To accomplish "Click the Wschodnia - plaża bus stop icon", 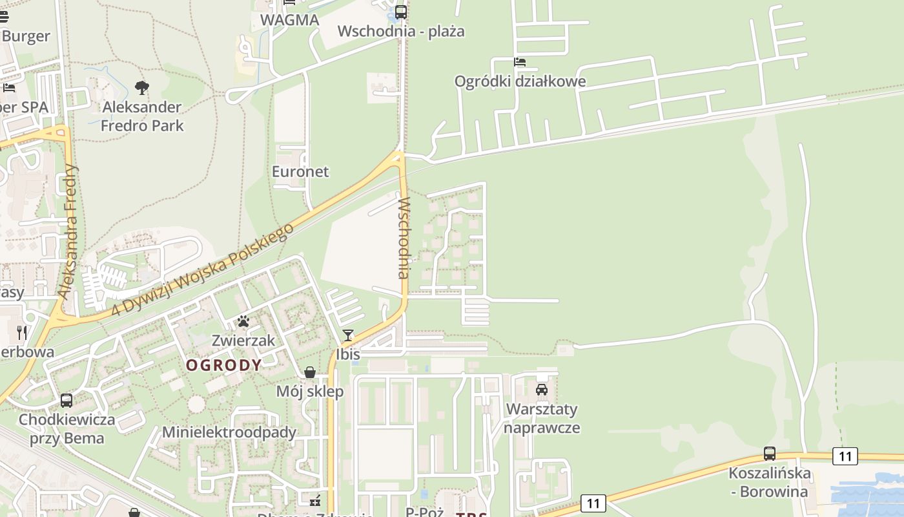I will tap(401, 12).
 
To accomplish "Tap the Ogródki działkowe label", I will tap(520, 81).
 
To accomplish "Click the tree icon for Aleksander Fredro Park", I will tap(142, 88).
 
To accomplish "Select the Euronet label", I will tap(300, 172).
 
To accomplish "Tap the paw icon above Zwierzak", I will tap(243, 321).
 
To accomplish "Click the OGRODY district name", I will tap(224, 365).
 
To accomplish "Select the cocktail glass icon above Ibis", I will tap(348, 335).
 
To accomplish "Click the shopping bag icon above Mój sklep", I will tap(310, 372).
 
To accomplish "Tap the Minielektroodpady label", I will tap(229, 432).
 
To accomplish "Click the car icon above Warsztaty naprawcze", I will tap(542, 390).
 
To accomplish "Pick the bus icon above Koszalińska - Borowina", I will tap(769, 454).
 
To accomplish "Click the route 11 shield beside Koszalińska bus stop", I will tap(845, 456).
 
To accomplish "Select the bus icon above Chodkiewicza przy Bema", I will tap(67, 401).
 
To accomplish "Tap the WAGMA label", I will tap(290, 20).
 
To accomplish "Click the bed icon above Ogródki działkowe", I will tap(520, 62).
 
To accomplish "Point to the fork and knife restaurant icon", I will tap(23, 333).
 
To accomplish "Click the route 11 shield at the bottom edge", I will tap(593, 503).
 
